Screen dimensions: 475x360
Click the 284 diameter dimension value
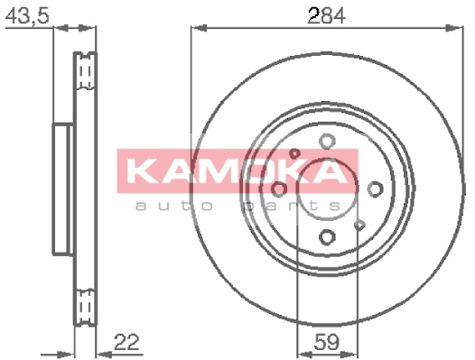[326, 15]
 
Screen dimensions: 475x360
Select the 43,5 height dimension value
[27, 15]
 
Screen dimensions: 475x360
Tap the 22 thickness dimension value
[126, 342]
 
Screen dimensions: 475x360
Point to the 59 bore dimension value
[327, 342]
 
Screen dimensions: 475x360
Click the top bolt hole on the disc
[327, 141]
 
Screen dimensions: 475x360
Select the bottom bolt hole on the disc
[327, 236]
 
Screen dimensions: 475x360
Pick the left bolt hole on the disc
[279, 189]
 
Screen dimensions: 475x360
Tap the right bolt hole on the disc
[375, 189]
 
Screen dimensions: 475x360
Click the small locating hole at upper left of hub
[294, 153]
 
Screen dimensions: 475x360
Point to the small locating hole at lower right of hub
[359, 225]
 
